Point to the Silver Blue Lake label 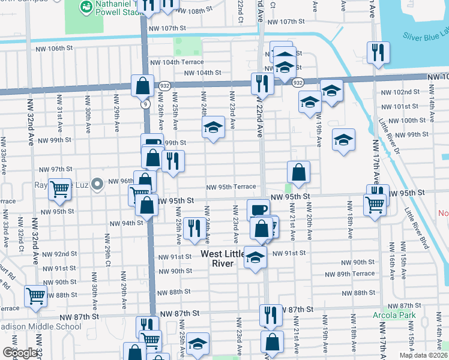(425, 36)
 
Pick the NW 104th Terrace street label (176, 62)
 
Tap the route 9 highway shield (146, 104)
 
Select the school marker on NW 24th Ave (212, 127)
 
